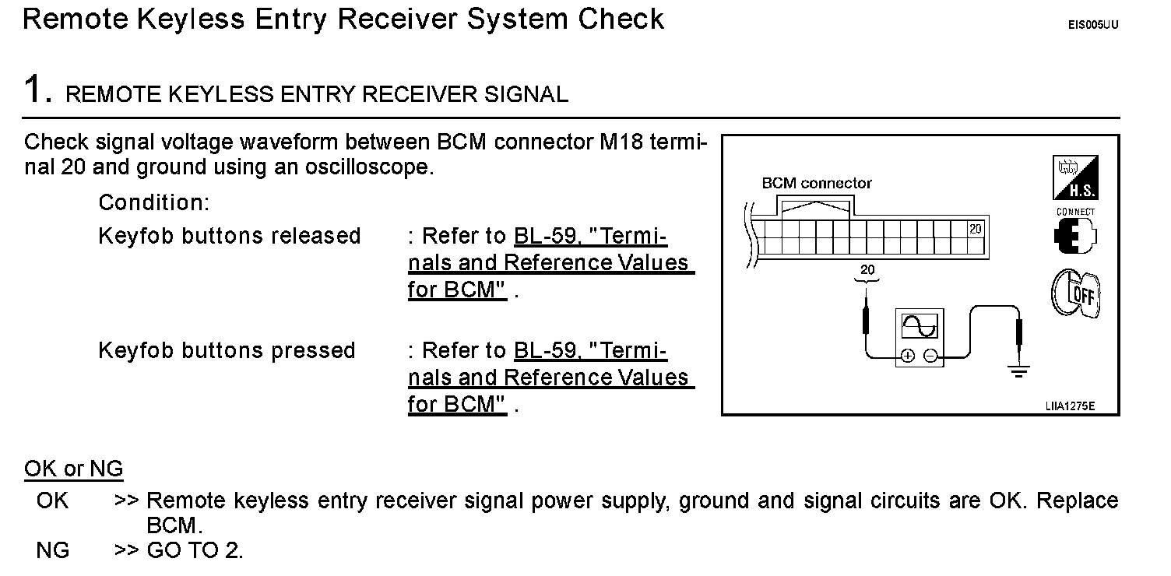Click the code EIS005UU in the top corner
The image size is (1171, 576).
pyautogui.click(x=1093, y=25)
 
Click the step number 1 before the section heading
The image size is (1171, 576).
pyautogui.click(x=33, y=88)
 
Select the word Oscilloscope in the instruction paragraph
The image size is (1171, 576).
pyautogui.click(x=368, y=167)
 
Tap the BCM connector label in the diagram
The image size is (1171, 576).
pyautogui.click(x=817, y=183)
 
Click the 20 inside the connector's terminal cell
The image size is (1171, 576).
pyautogui.click(x=976, y=229)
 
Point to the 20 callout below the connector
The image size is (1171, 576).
pyautogui.click(x=867, y=269)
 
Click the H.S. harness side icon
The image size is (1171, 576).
pyautogui.click(x=1075, y=177)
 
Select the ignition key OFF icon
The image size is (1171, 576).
pyautogui.click(x=1076, y=293)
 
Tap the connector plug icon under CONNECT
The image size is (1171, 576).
pyautogui.click(x=1074, y=235)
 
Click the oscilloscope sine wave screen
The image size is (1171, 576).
pyautogui.click(x=920, y=326)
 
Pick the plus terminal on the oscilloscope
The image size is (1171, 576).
pyautogui.click(x=908, y=356)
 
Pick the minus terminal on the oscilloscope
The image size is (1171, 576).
pyautogui.click(x=930, y=356)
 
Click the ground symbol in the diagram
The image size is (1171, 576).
pyautogui.click(x=1018, y=371)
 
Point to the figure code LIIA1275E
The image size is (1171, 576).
pyautogui.click(x=1070, y=406)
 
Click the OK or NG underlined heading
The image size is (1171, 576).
pyautogui.click(x=74, y=469)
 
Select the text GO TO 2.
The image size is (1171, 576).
pyautogui.click(x=195, y=550)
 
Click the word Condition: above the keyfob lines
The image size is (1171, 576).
pyautogui.click(x=153, y=202)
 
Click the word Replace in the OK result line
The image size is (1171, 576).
pyautogui.click(x=1078, y=500)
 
